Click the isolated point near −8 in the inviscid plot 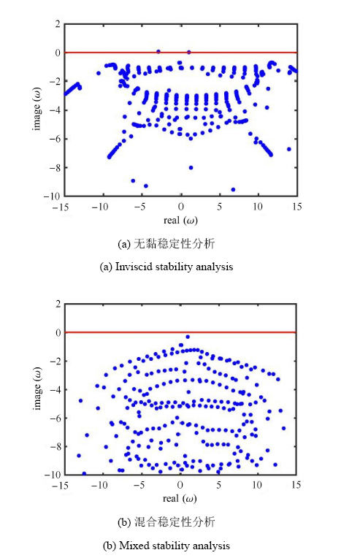[191, 167]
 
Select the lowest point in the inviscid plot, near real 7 [234, 190]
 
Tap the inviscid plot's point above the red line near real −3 [158, 52]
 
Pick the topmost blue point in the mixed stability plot [188, 337]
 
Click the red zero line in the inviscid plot [180, 53]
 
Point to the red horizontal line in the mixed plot [180, 332]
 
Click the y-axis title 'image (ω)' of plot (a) [37, 110]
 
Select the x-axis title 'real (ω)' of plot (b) [180, 499]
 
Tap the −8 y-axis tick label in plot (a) [55, 167]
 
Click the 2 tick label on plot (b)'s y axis [58, 304]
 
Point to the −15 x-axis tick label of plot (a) [60, 207]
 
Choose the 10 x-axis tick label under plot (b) [257, 485]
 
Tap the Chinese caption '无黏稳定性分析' [174, 244]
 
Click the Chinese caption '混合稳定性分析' [175, 522]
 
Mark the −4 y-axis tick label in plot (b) [55, 390]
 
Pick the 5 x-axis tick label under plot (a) [220, 207]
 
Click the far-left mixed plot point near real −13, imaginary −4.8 [81, 401]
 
